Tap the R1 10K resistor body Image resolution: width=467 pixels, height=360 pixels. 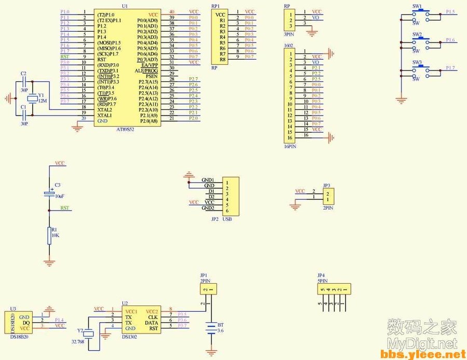(49, 234)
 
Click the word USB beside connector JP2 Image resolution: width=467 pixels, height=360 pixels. (227, 219)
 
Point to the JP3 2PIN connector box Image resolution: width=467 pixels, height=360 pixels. (327, 196)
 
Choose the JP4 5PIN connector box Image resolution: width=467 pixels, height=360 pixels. (332, 289)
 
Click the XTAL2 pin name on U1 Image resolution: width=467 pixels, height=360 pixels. (104, 110)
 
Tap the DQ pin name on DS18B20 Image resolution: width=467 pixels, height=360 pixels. (26, 323)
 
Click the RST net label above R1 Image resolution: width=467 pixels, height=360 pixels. (64, 208)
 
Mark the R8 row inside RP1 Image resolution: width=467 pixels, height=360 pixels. (222, 59)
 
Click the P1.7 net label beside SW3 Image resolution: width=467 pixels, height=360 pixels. (450, 68)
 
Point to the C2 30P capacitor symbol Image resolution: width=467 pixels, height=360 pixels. (23, 81)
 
